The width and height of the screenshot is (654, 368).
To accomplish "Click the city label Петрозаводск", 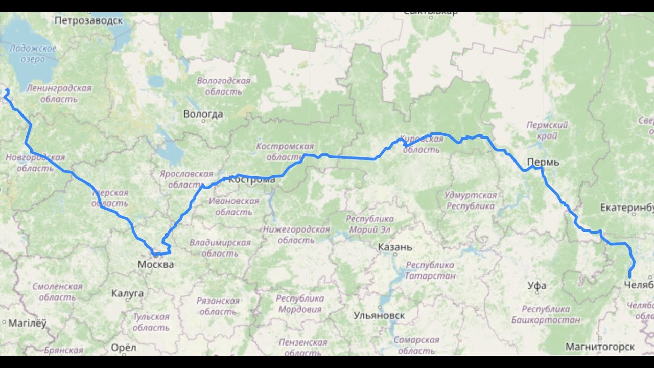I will pyautogui.click(x=88, y=20).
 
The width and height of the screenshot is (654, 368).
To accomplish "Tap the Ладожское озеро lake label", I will pyautogui.click(x=32, y=54).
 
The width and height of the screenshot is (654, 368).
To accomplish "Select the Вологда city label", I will pyautogui.click(x=203, y=114).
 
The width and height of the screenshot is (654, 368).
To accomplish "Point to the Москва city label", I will pyautogui.click(x=155, y=265).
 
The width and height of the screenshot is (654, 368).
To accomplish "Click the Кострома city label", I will pyautogui.click(x=251, y=180).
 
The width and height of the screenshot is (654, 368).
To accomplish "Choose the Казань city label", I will pyautogui.click(x=395, y=247).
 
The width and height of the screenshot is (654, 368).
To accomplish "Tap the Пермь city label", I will pyautogui.click(x=543, y=163).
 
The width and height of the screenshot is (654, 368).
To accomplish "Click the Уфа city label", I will pyautogui.click(x=537, y=286).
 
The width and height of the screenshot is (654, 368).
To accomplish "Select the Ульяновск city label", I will pyautogui.click(x=379, y=315).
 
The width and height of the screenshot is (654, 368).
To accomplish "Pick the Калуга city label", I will pyautogui.click(x=127, y=293).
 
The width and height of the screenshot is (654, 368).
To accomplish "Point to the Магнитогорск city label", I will pyautogui.click(x=600, y=347).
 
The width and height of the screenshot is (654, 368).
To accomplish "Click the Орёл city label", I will pyautogui.click(x=124, y=348).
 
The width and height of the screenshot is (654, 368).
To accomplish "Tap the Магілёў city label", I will pyautogui.click(x=28, y=323).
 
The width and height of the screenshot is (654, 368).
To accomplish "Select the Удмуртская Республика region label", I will pyautogui.click(x=470, y=201).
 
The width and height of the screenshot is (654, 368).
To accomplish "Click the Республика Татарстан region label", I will pyautogui.click(x=430, y=270).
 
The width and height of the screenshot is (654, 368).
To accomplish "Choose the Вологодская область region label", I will pyautogui.click(x=223, y=86).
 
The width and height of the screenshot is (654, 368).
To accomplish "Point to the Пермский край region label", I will pyautogui.click(x=547, y=130).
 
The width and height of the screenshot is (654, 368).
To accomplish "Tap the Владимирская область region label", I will pyautogui.click(x=220, y=248).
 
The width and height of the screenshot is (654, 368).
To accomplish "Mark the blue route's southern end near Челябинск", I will pyautogui.click(x=629, y=277).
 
